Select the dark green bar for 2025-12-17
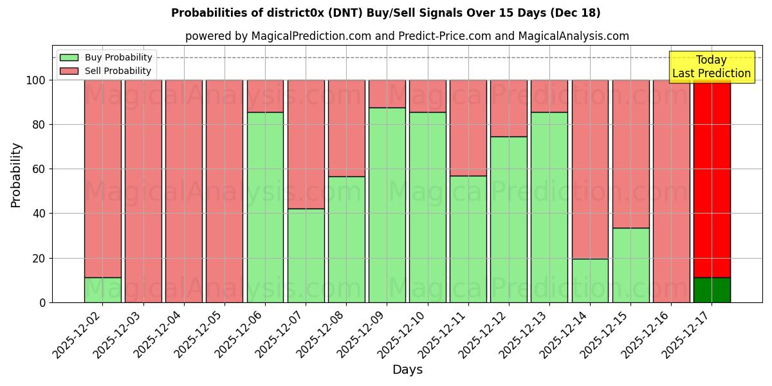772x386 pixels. click(x=712, y=290)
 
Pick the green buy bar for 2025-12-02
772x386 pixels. click(x=103, y=290)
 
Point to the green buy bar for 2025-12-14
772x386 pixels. click(x=590, y=280)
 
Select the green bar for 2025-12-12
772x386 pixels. click(x=509, y=219)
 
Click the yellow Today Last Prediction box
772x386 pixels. click(x=712, y=67)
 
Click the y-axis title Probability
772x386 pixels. click(x=17, y=175)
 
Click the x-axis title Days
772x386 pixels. click(x=407, y=370)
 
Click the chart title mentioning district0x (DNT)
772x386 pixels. click(x=385, y=14)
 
